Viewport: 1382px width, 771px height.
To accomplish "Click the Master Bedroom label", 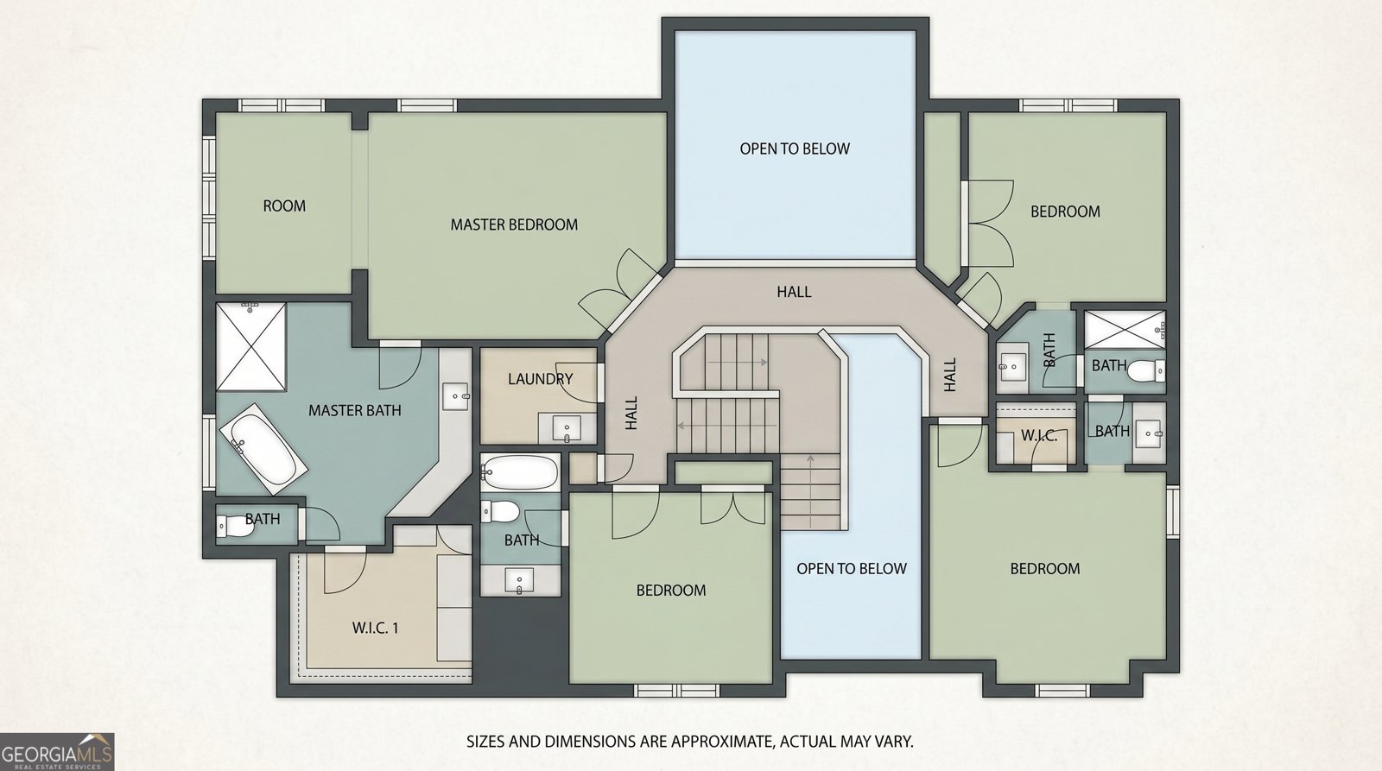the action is [x=514, y=224].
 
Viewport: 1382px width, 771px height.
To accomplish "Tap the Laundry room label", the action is [x=541, y=379].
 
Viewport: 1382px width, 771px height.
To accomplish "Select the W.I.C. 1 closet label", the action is [x=375, y=628].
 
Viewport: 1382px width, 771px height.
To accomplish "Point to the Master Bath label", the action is [x=355, y=410].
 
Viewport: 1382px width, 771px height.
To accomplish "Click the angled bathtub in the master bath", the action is [x=263, y=449].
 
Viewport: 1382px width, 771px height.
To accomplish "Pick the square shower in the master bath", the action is [x=251, y=346].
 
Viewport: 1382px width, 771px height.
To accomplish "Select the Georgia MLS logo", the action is [x=57, y=752].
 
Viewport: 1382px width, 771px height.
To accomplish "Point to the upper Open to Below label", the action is [x=795, y=149].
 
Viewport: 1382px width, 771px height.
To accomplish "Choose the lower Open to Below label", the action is [x=852, y=569].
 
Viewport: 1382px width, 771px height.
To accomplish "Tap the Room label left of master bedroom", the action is [x=284, y=206].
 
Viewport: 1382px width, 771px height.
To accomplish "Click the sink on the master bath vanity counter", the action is [x=456, y=396].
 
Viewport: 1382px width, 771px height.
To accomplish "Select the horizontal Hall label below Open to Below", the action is [x=794, y=292].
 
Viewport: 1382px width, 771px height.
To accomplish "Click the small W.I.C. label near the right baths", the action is [x=1039, y=436].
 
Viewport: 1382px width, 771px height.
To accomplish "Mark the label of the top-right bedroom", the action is [x=1066, y=212].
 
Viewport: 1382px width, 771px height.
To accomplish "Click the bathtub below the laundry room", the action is [x=519, y=472].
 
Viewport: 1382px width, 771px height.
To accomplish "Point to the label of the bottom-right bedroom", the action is [x=1045, y=569].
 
